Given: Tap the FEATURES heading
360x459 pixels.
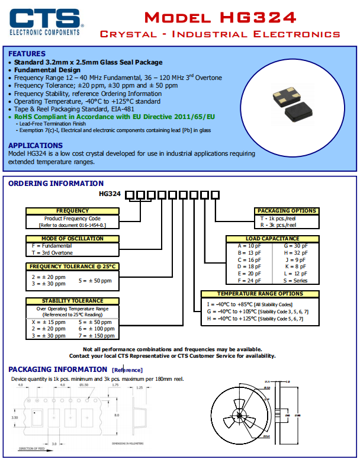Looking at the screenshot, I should click(x=27, y=54).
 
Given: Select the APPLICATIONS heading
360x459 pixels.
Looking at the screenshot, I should click(x=36, y=146).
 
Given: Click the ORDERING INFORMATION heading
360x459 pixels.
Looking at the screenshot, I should click(x=56, y=184).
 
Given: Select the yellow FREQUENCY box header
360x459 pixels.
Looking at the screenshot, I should click(x=72, y=211).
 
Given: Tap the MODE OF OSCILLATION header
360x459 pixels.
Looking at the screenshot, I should click(x=72, y=239).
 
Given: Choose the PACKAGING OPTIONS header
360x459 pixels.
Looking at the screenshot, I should click(x=287, y=211).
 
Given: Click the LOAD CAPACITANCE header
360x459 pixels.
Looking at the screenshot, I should click(x=272, y=239).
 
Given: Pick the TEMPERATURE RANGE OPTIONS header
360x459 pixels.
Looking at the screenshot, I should click(x=260, y=294).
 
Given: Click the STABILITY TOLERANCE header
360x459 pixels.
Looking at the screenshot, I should click(x=72, y=301).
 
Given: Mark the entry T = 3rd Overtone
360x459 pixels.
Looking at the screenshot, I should click(x=52, y=252).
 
